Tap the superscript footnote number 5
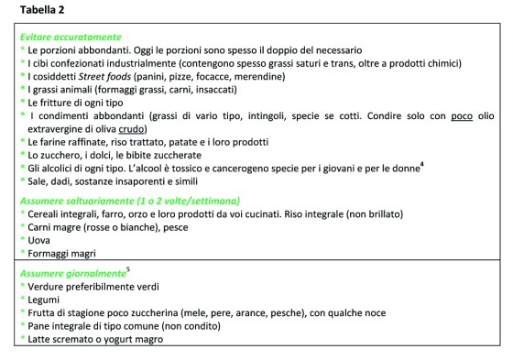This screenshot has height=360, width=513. coord(129,270)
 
